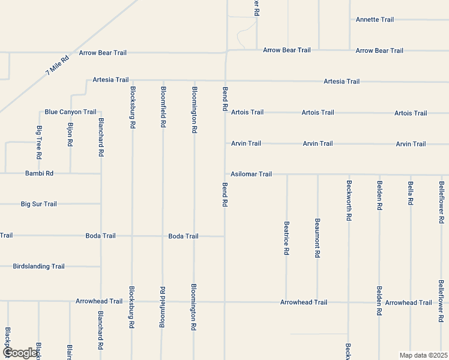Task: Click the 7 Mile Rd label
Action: (58, 65)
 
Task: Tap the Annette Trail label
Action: (375, 20)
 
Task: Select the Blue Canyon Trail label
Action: (70, 112)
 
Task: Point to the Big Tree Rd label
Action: (39, 142)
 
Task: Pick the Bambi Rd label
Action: (39, 173)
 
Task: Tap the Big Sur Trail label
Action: (38, 204)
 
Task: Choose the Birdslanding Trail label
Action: (38, 266)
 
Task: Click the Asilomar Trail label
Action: (251, 174)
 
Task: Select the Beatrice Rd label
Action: (286, 238)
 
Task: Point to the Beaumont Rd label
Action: (318, 238)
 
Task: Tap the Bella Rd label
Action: (411, 193)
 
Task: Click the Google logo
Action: (20, 353)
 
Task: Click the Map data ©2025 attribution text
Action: (423, 355)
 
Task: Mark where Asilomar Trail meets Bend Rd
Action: (225, 174)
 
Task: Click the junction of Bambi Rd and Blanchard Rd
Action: (101, 173)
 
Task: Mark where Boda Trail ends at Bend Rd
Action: (225, 236)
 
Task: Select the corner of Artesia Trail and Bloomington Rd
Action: (194, 80)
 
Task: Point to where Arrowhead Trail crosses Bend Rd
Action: (225, 302)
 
